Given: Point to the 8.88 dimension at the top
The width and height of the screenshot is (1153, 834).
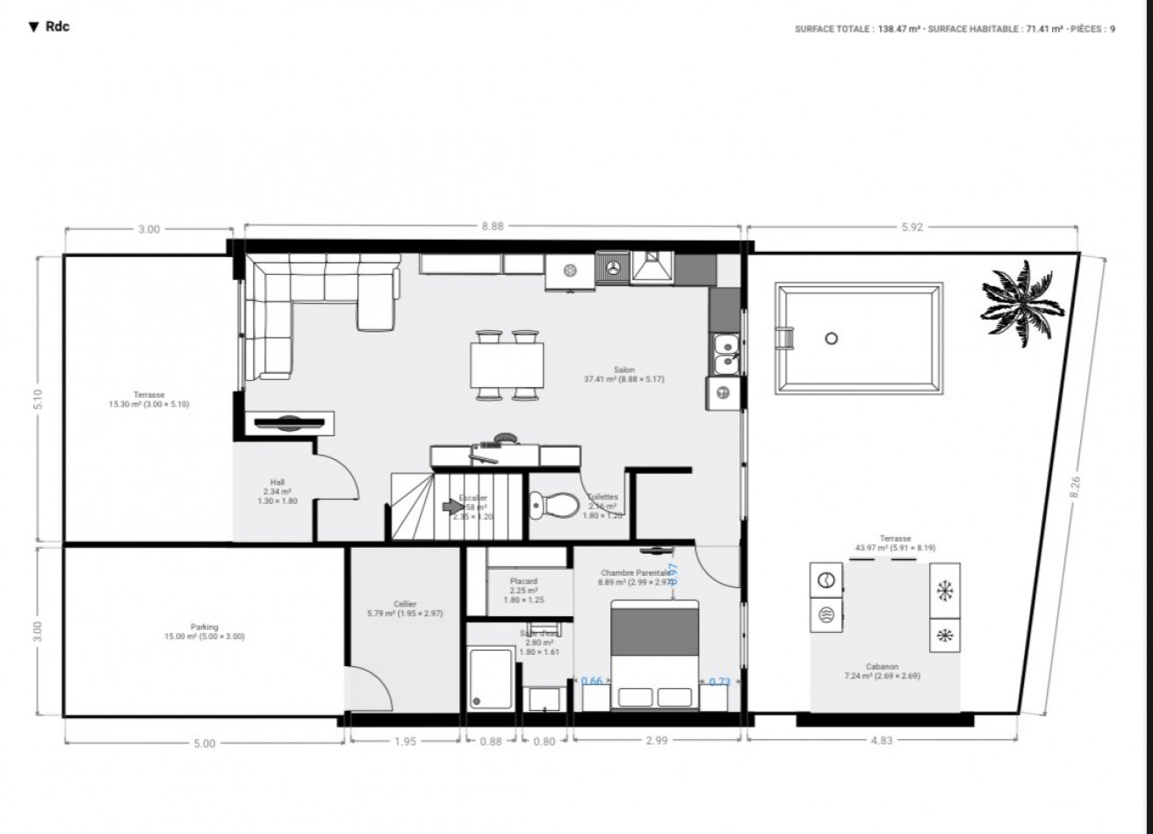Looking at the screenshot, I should pyautogui.click(x=492, y=226).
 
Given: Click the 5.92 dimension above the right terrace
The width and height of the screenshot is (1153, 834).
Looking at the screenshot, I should pyautogui.click(x=913, y=226).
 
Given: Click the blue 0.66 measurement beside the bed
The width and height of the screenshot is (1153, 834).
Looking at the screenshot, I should pyautogui.click(x=593, y=681).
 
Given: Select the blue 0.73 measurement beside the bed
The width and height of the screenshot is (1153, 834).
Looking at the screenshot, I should pyautogui.click(x=719, y=681).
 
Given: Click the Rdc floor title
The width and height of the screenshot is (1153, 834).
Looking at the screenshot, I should pyautogui.click(x=51, y=26).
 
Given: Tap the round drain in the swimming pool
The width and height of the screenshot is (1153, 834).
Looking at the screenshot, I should pyautogui.click(x=832, y=338).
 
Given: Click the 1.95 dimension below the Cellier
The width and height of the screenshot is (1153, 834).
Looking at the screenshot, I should pyautogui.click(x=405, y=741).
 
